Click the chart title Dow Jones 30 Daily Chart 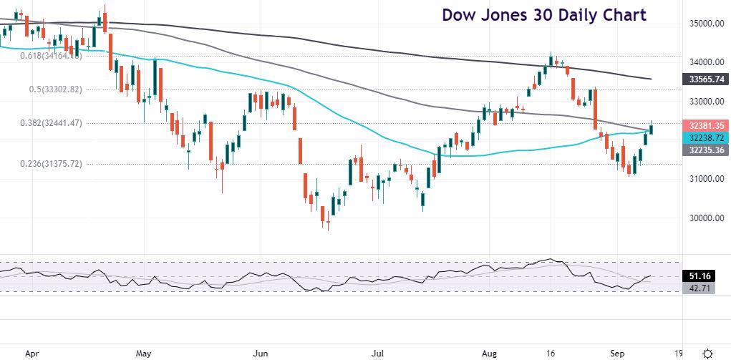point(543,14)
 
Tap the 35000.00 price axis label point(700,24)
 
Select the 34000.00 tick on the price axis point(700,63)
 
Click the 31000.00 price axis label point(700,179)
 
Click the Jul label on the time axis point(379,353)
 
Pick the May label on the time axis point(143,353)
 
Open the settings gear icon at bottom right point(707,353)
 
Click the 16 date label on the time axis point(550,353)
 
